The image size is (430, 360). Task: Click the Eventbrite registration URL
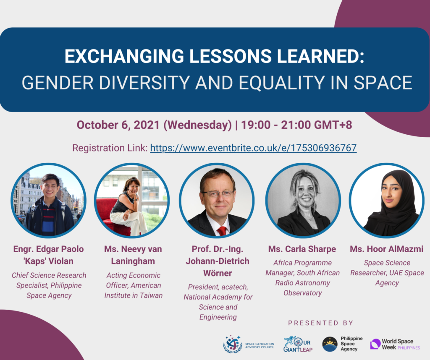pyautogui.click(x=253, y=148)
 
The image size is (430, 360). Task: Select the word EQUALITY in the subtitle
pyautogui.click(x=282, y=83)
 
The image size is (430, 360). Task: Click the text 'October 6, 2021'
pyautogui.click(x=118, y=125)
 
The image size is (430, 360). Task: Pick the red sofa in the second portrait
pyautogui.click(x=114, y=217)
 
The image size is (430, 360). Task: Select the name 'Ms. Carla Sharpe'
pyautogui.click(x=302, y=249)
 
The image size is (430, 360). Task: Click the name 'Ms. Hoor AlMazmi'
pyautogui.click(x=387, y=249)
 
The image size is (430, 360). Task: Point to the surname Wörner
pyautogui.click(x=218, y=273)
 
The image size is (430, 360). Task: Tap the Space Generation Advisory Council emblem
pyautogui.click(x=232, y=344)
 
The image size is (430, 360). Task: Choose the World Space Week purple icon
pyautogui.click(x=375, y=344)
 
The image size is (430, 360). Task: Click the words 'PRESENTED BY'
pyautogui.click(x=320, y=323)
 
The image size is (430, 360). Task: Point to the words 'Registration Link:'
pyautogui.click(x=110, y=148)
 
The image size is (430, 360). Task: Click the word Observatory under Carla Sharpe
pyautogui.click(x=303, y=293)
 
